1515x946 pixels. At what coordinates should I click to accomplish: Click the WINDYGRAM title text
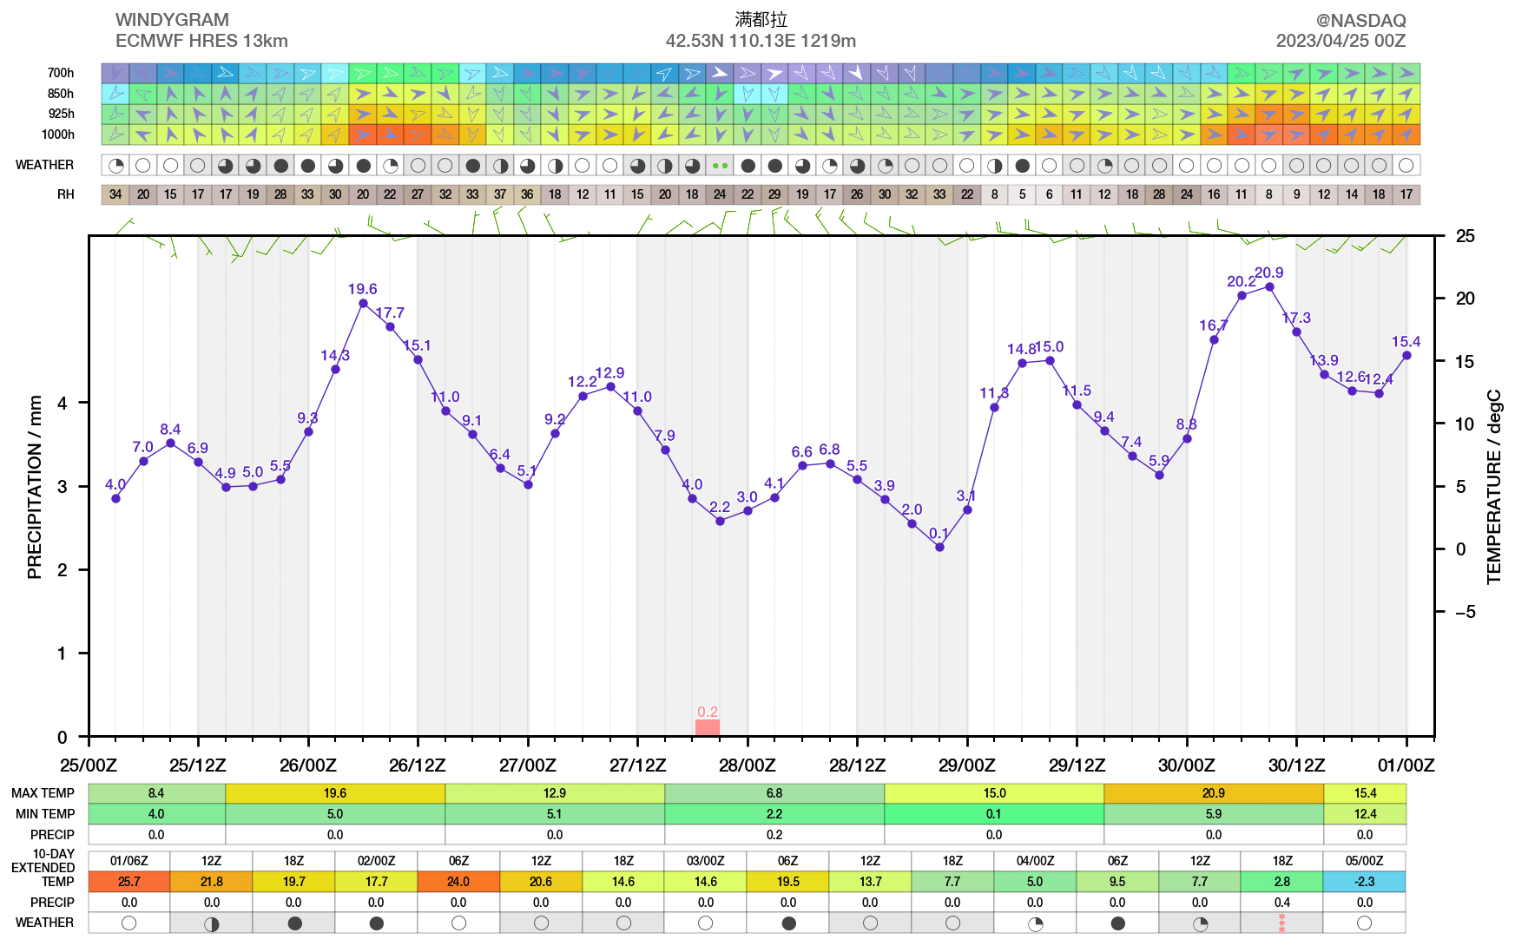[x=172, y=20]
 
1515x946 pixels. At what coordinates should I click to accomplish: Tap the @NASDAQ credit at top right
[x=1360, y=20]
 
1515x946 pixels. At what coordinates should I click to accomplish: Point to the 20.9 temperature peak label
[x=1268, y=273]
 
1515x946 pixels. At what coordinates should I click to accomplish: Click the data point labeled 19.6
[x=363, y=303]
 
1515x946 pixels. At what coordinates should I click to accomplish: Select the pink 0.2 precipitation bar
[x=708, y=727]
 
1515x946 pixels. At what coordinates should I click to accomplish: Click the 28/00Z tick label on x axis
[x=748, y=765]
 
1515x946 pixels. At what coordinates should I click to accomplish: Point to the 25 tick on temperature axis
[x=1466, y=236]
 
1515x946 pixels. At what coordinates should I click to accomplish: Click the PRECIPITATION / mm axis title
[x=35, y=487]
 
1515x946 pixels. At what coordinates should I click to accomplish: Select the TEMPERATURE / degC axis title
[x=1493, y=487]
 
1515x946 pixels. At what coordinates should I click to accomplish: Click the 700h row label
[x=61, y=73]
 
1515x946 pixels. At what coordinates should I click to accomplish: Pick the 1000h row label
[x=58, y=135]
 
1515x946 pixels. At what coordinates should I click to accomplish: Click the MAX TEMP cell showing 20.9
[x=1213, y=793]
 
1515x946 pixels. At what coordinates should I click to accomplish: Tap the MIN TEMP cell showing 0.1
[x=993, y=814]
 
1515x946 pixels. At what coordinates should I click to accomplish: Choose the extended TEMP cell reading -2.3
[x=1364, y=882]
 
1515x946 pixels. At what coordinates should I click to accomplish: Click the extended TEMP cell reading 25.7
[x=129, y=882]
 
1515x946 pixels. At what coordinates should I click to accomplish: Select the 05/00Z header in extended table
[x=1364, y=861]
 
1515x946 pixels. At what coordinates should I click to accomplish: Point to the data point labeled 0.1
[x=939, y=547]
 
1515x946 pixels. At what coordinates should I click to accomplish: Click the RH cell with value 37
[x=500, y=194]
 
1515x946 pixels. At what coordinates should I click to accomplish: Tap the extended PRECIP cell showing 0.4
[x=1281, y=903]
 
